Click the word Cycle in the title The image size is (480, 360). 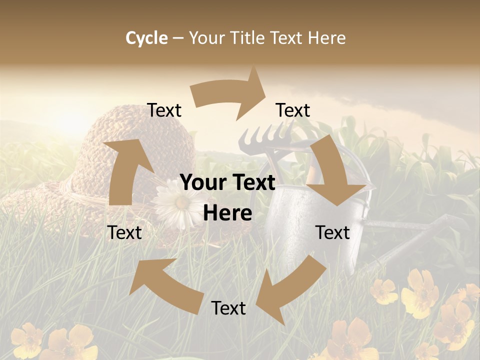coord(146,38)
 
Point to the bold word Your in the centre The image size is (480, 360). coord(202,183)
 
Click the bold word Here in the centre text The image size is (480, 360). coord(227,213)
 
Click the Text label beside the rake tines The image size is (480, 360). coord(293,110)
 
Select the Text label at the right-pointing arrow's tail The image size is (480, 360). coord(164,110)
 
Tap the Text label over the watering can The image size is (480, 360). coord(332,232)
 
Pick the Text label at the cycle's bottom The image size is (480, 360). coord(228,308)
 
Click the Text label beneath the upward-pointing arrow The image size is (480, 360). coord(124,232)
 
